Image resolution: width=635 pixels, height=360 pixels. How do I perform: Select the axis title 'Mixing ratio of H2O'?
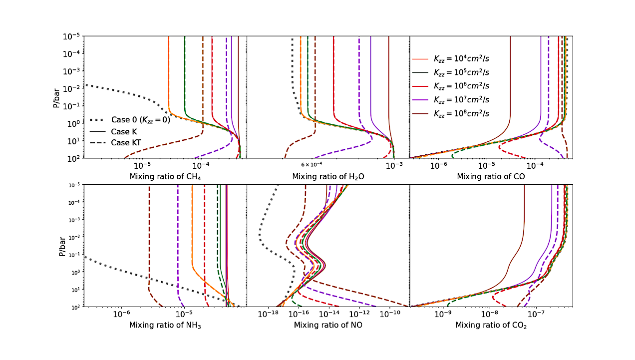(x=327, y=177)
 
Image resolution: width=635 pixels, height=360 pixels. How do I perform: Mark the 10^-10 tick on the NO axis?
(x=390, y=314)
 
